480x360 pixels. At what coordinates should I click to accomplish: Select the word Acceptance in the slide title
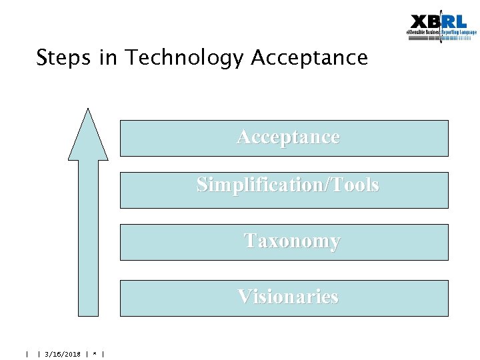309,58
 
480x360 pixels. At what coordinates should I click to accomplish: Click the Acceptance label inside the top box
288,137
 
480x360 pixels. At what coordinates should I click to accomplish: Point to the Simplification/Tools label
288,185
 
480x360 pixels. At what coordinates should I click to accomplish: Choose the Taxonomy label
291,240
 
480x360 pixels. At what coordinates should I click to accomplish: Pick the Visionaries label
288,296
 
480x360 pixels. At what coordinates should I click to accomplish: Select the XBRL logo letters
439,21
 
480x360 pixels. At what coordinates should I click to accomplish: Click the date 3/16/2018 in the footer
63,354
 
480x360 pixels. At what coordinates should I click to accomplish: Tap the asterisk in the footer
96,354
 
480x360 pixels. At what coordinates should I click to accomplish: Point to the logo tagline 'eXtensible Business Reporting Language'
441,32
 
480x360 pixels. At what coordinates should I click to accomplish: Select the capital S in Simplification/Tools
202,185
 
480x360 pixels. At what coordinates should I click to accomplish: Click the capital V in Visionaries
245,296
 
